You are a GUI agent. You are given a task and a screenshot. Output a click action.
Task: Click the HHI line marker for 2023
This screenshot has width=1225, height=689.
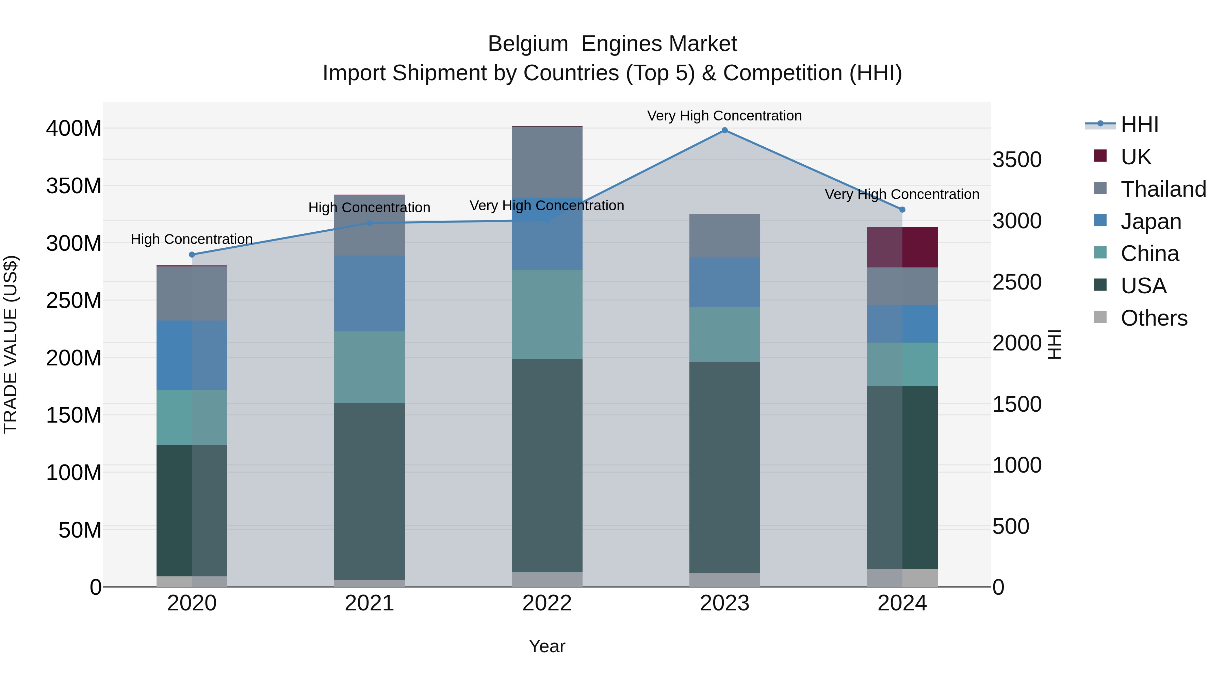coord(724,130)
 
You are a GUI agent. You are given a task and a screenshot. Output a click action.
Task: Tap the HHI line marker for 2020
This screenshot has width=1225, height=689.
coord(192,255)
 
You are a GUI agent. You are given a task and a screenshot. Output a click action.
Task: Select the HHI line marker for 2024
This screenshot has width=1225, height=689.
coord(902,210)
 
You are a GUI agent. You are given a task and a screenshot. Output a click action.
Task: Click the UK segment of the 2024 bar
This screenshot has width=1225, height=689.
coord(902,247)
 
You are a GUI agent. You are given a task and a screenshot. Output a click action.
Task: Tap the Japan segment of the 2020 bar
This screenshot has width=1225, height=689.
coord(192,355)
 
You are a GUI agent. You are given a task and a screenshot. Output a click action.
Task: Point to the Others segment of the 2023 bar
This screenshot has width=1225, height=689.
coord(724,580)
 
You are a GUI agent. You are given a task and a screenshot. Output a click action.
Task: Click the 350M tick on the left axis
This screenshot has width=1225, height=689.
coord(74,186)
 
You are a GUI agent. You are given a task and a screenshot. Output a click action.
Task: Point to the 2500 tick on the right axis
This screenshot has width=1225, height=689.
coord(1017,282)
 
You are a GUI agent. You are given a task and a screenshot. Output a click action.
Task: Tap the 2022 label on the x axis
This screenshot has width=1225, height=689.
coord(547,603)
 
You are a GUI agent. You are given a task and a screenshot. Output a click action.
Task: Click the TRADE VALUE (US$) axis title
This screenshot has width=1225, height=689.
coord(11,344)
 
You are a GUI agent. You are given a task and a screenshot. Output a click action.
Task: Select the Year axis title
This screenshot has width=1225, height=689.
coord(547,646)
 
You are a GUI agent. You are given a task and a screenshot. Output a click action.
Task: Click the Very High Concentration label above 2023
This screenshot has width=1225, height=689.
coord(724,116)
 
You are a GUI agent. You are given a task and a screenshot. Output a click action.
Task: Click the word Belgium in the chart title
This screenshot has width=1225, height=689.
coord(527,44)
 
